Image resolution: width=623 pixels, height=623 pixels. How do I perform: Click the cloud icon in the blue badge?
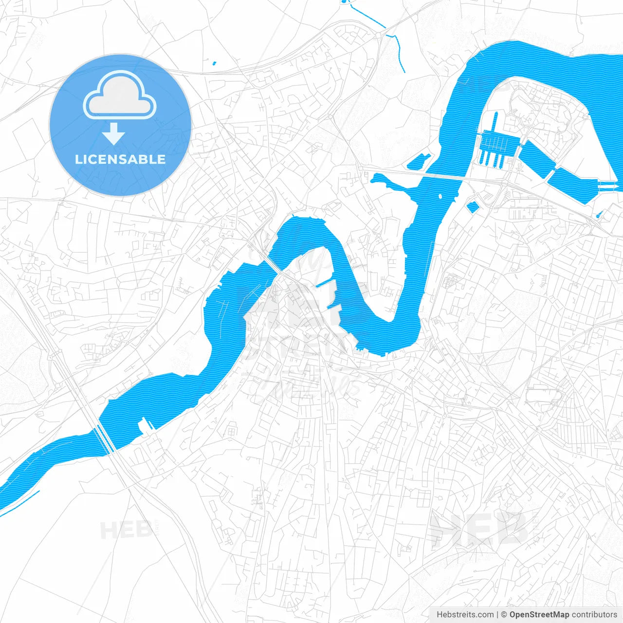click(120, 95)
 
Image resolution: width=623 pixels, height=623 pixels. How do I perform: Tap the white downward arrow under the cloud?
click(114, 134)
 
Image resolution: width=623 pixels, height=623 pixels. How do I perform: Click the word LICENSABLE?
click(120, 159)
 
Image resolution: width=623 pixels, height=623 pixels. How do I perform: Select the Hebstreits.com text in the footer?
click(465, 615)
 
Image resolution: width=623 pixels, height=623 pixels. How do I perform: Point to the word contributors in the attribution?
click(594, 615)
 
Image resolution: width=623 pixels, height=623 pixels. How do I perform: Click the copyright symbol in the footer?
click(504, 615)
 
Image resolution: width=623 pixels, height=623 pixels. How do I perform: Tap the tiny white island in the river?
click(440, 197)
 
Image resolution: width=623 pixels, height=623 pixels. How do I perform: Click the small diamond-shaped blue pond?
click(472, 206)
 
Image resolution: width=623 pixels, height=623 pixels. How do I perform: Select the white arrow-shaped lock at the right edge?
click(609, 186)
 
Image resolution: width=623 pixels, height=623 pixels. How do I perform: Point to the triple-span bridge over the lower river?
click(105, 438)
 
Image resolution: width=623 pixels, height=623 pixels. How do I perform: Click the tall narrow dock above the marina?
click(495, 122)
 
